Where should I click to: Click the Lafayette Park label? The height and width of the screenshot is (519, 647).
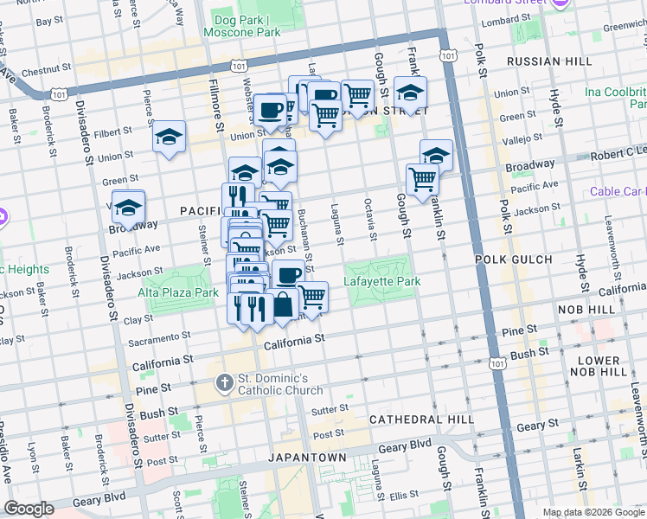click(x=381, y=282)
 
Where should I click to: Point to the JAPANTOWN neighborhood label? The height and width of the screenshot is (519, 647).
click(x=306, y=457)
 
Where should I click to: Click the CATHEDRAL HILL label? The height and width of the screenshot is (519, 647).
click(x=420, y=419)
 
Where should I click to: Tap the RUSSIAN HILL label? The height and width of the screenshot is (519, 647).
click(x=549, y=61)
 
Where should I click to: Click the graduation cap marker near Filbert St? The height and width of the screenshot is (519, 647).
click(x=170, y=137)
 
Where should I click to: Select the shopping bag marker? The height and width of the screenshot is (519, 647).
click(x=283, y=304)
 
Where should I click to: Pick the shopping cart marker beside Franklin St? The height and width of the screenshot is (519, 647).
click(x=422, y=180)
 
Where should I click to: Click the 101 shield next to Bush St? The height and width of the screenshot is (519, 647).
click(x=496, y=356)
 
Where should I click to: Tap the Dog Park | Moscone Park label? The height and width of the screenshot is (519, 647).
click(x=242, y=26)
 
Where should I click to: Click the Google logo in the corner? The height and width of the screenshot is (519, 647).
click(x=29, y=509)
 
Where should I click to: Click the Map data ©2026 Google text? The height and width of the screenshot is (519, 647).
click(x=593, y=512)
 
